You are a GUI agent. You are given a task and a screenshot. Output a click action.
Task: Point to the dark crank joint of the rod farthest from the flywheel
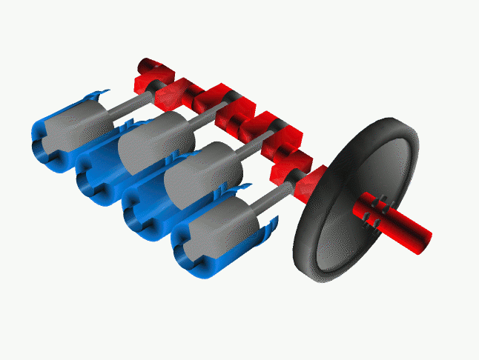(x=158, y=87)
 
